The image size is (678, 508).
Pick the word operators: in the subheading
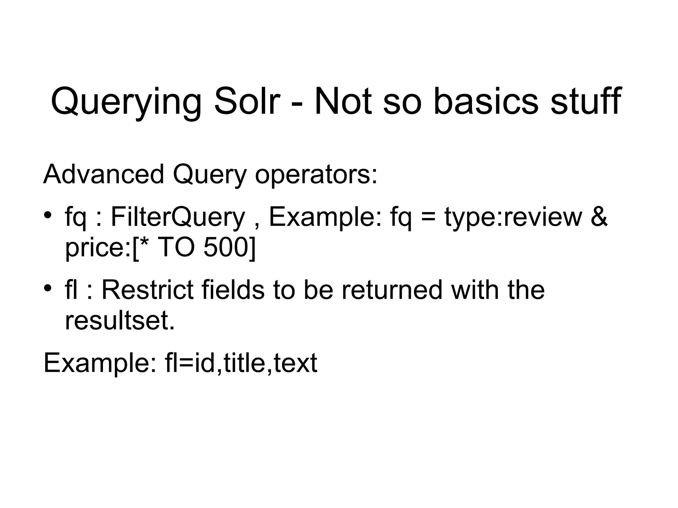point(316,175)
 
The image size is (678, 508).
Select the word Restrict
point(147,290)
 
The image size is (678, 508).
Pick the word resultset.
point(120,320)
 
